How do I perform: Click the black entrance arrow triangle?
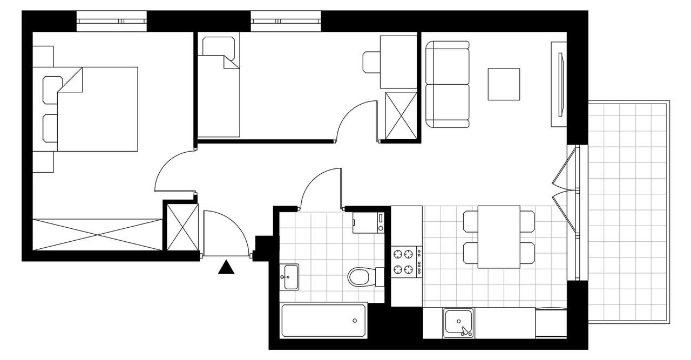point(227,268)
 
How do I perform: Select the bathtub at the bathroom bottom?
point(324,320)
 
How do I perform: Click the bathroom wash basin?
point(289,277)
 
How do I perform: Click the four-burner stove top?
point(407,262)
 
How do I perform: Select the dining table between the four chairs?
point(499,236)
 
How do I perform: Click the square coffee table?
point(504,84)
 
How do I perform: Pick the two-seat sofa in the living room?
point(447,85)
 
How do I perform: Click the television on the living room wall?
point(559,85)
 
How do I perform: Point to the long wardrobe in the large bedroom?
point(97,234)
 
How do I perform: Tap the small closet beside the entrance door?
point(180,226)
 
